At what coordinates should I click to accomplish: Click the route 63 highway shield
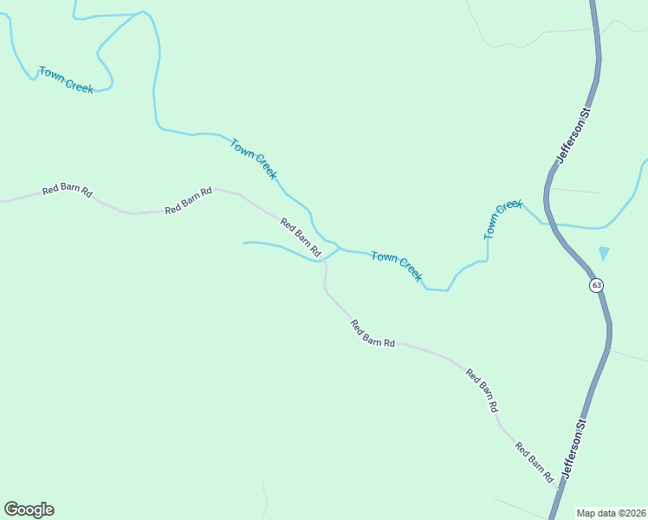(x=597, y=285)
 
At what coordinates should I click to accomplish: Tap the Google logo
(x=29, y=510)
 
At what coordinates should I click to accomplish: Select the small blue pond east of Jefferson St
(x=604, y=253)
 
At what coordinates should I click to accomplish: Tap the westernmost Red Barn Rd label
(x=67, y=191)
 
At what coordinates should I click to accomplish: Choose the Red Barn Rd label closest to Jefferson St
(x=535, y=463)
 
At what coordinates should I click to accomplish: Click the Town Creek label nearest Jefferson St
(x=503, y=219)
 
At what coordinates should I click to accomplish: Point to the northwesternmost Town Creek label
(x=66, y=80)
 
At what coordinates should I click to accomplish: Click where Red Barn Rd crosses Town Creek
(x=324, y=257)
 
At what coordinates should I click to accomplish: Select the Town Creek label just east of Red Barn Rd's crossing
(x=396, y=266)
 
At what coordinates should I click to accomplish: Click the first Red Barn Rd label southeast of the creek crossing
(x=373, y=334)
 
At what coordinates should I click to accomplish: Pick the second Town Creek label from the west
(x=254, y=159)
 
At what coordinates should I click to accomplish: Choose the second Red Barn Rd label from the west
(x=189, y=201)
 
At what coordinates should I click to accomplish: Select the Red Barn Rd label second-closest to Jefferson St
(x=483, y=390)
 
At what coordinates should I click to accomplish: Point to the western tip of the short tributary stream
(x=244, y=243)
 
